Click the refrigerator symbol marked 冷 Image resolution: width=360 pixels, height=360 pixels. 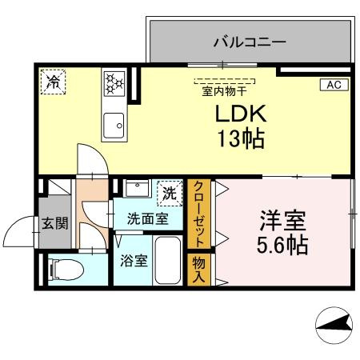pyautogui.click(x=53, y=81)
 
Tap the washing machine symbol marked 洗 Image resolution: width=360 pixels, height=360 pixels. pyautogui.click(x=169, y=192)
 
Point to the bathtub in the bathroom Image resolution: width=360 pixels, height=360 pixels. pyautogui.click(x=169, y=260)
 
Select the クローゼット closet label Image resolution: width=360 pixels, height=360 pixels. pyautogui.click(x=197, y=214)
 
